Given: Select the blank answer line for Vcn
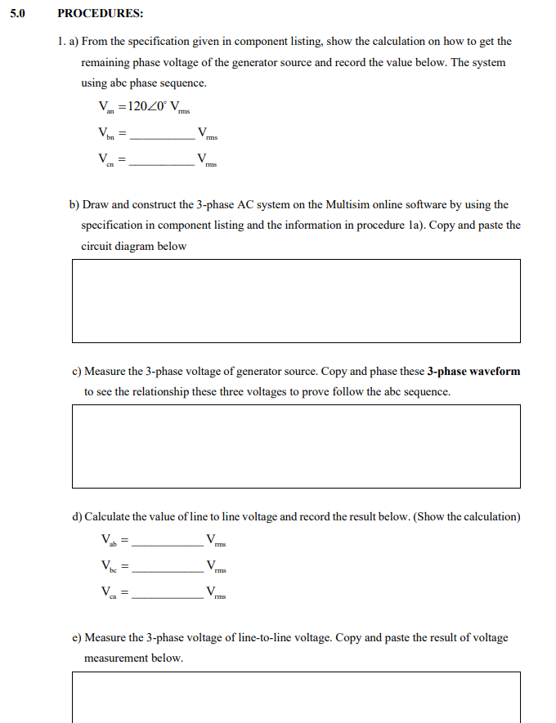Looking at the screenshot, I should [x=163, y=164].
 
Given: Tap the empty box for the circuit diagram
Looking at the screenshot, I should [x=296, y=301].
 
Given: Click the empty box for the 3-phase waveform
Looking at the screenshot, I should [x=296, y=446].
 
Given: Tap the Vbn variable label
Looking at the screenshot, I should [x=106, y=134].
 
